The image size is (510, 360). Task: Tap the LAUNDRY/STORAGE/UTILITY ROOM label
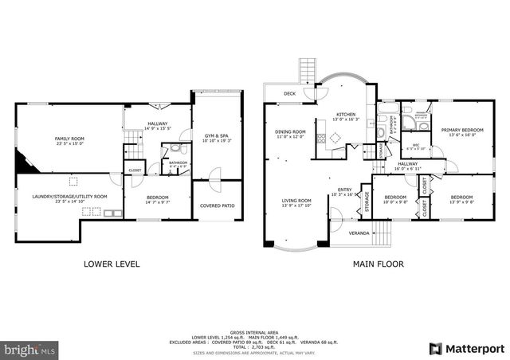click(69, 198)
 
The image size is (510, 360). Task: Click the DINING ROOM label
click(290, 134)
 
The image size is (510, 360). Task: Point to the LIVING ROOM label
click(295, 203)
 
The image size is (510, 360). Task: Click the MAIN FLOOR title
click(379, 264)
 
